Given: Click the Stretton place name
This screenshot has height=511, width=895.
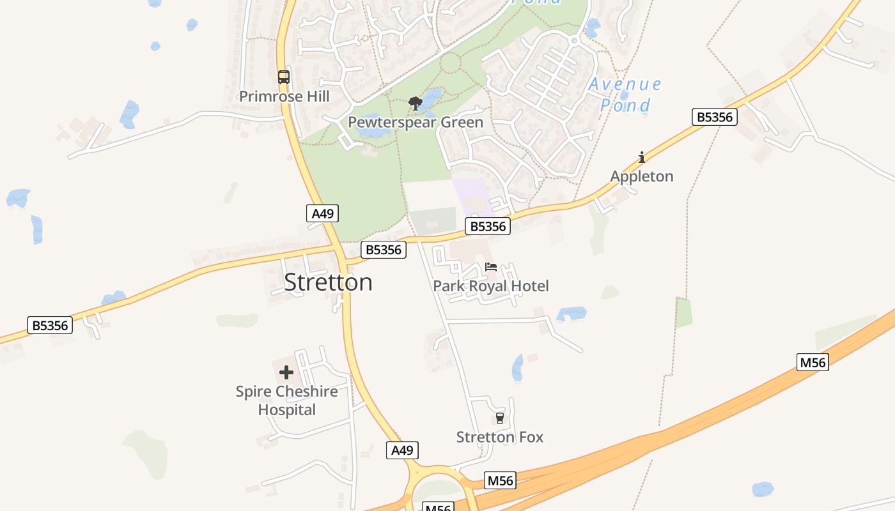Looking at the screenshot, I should tap(328, 282).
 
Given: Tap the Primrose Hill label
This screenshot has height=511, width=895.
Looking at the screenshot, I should tap(284, 96).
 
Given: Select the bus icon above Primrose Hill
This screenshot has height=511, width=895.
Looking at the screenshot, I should tap(283, 77).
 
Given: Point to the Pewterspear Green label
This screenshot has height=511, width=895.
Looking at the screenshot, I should tap(416, 122).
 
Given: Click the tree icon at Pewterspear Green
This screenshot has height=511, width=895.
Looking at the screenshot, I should tap(416, 103).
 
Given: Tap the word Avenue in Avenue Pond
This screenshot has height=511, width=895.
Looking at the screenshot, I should tap(625, 84).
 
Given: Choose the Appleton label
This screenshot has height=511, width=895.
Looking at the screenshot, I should tap(642, 176).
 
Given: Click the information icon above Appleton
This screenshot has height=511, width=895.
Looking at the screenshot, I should tap(642, 157).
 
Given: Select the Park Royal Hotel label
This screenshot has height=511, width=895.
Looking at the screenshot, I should tap(491, 286).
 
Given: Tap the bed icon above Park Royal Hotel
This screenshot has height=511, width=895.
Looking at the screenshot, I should tap(491, 267).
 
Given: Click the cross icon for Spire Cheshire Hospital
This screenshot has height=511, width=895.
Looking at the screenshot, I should tap(286, 372).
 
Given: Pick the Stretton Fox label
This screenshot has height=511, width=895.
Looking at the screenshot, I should tap(500, 438).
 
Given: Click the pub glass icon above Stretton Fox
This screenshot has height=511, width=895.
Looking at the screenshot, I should tap(500, 418).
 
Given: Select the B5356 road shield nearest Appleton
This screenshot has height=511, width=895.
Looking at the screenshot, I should tap(715, 118).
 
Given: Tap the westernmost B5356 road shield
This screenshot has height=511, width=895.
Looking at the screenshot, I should tap(50, 326).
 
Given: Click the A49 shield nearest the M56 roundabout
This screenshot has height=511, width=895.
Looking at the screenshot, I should tap(402, 450).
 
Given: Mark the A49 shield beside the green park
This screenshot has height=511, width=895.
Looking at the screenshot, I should tap(322, 213).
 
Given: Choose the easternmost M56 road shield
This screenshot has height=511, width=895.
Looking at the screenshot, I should tap(813, 363).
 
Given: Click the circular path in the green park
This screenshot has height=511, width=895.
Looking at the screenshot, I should tap(450, 63).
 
